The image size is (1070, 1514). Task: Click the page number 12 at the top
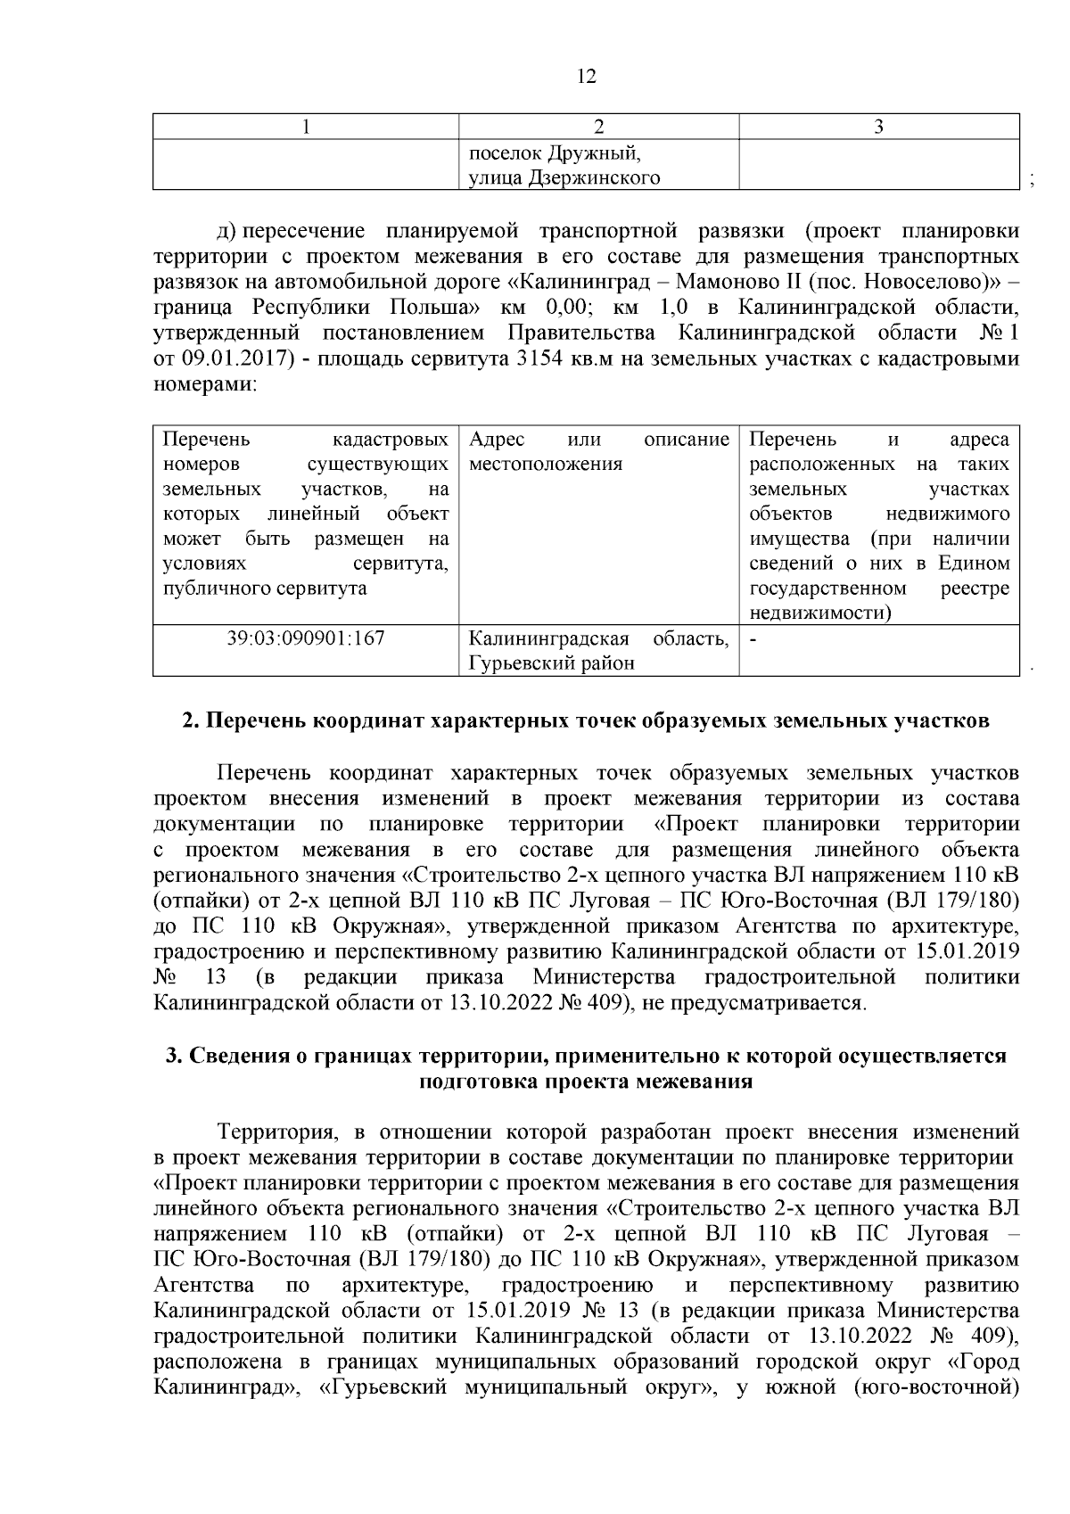coord(586,77)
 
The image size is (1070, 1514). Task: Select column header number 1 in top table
coord(306,127)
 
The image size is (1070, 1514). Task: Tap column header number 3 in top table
coord(878,127)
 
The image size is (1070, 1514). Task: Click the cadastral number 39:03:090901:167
coord(306,638)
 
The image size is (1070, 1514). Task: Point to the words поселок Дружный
coord(556,152)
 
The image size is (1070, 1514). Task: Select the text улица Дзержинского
coord(564,177)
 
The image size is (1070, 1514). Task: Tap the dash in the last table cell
coord(753,639)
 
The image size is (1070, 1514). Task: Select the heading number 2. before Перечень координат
coord(190,720)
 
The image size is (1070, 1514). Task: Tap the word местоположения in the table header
coord(546,465)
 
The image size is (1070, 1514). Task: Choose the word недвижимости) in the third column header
coord(820,613)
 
